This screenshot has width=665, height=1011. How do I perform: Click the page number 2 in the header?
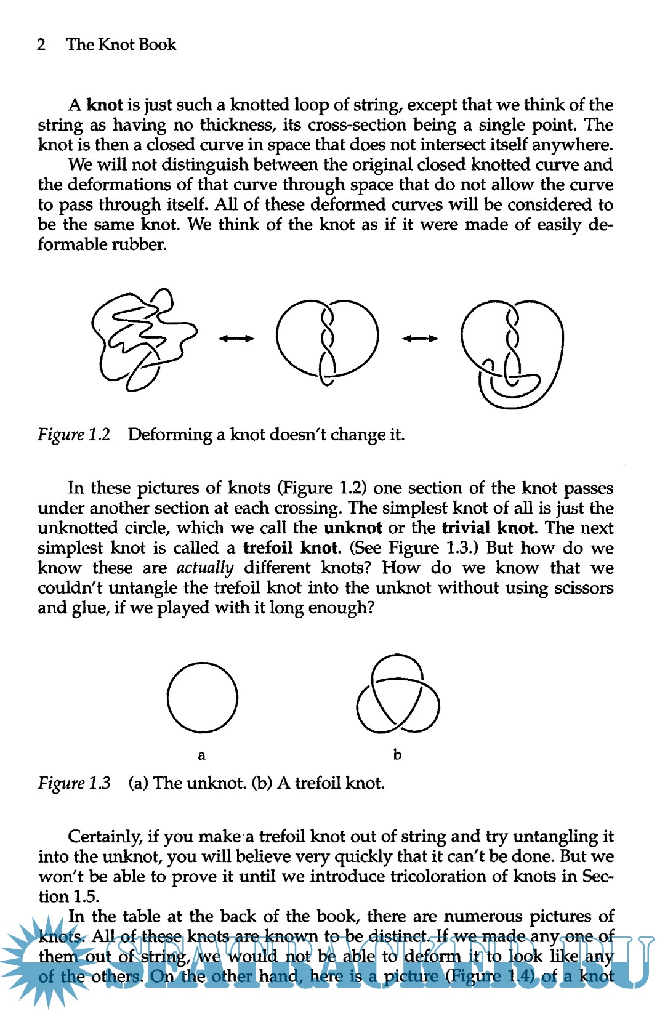[x=41, y=45]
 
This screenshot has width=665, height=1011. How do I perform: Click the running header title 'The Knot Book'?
[x=121, y=45]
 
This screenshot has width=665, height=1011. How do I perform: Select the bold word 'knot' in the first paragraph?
[x=105, y=105]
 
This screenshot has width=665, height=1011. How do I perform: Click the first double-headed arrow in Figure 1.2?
[x=236, y=338]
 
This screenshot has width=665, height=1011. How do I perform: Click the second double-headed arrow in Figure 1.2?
[x=420, y=338]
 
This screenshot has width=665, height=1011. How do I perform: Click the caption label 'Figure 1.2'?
[x=74, y=435]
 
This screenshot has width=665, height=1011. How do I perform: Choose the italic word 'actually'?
[x=205, y=568]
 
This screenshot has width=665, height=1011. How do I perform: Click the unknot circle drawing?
[x=202, y=697]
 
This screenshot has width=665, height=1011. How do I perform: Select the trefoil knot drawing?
[x=398, y=695]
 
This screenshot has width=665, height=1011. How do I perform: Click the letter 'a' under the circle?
[x=201, y=755]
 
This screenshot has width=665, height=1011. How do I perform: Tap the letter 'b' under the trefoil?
[x=397, y=754]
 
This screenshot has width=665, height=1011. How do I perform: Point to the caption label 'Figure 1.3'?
[x=74, y=783]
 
